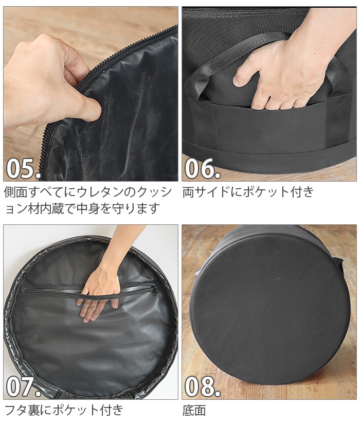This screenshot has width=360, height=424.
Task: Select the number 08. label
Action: (x=202, y=386)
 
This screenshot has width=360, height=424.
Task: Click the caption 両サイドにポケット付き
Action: (x=248, y=192)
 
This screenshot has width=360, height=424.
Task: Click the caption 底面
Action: (x=194, y=410)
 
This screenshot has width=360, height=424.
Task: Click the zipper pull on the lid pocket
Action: (x=155, y=291)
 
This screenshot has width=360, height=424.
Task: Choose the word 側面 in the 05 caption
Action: (x=15, y=192)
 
